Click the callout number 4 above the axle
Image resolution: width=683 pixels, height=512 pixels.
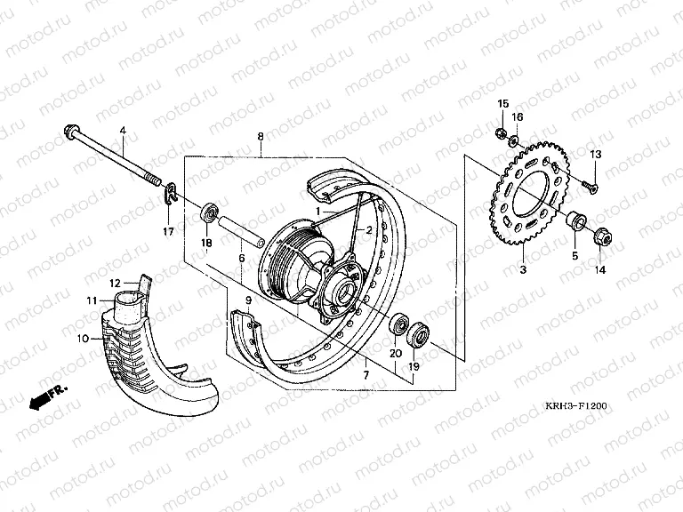click(x=123, y=130)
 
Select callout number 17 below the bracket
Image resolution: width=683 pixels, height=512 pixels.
click(x=168, y=232)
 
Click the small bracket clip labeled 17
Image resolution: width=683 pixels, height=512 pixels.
click(x=171, y=193)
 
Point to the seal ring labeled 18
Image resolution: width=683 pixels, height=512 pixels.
click(x=209, y=213)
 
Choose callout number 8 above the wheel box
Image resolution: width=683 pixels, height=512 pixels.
click(x=261, y=136)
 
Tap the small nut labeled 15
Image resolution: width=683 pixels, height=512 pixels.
click(x=501, y=132)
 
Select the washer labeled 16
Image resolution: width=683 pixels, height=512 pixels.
click(x=514, y=140)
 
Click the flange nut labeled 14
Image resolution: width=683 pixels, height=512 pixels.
click(x=603, y=236)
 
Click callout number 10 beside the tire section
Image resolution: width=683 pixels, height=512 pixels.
click(x=83, y=339)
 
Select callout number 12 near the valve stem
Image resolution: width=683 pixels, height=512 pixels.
click(x=115, y=284)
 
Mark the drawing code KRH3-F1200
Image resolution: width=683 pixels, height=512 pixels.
click(x=576, y=405)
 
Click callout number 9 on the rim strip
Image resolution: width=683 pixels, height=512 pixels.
click(x=248, y=300)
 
